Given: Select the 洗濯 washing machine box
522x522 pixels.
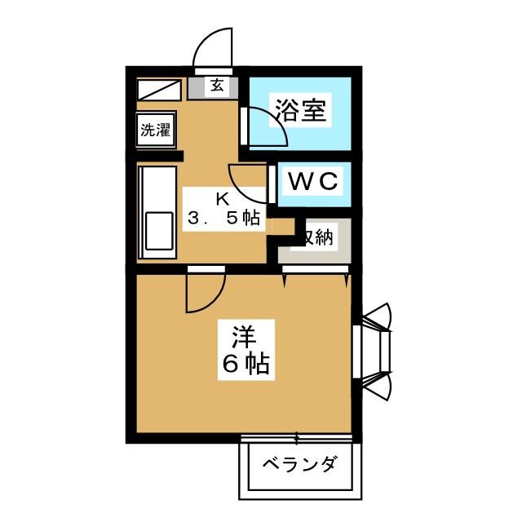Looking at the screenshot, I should (156, 130).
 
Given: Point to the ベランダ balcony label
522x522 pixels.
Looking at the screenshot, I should (299, 466).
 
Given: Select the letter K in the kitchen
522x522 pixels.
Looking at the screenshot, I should (222, 198).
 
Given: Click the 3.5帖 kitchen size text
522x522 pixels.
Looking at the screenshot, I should (223, 218).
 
